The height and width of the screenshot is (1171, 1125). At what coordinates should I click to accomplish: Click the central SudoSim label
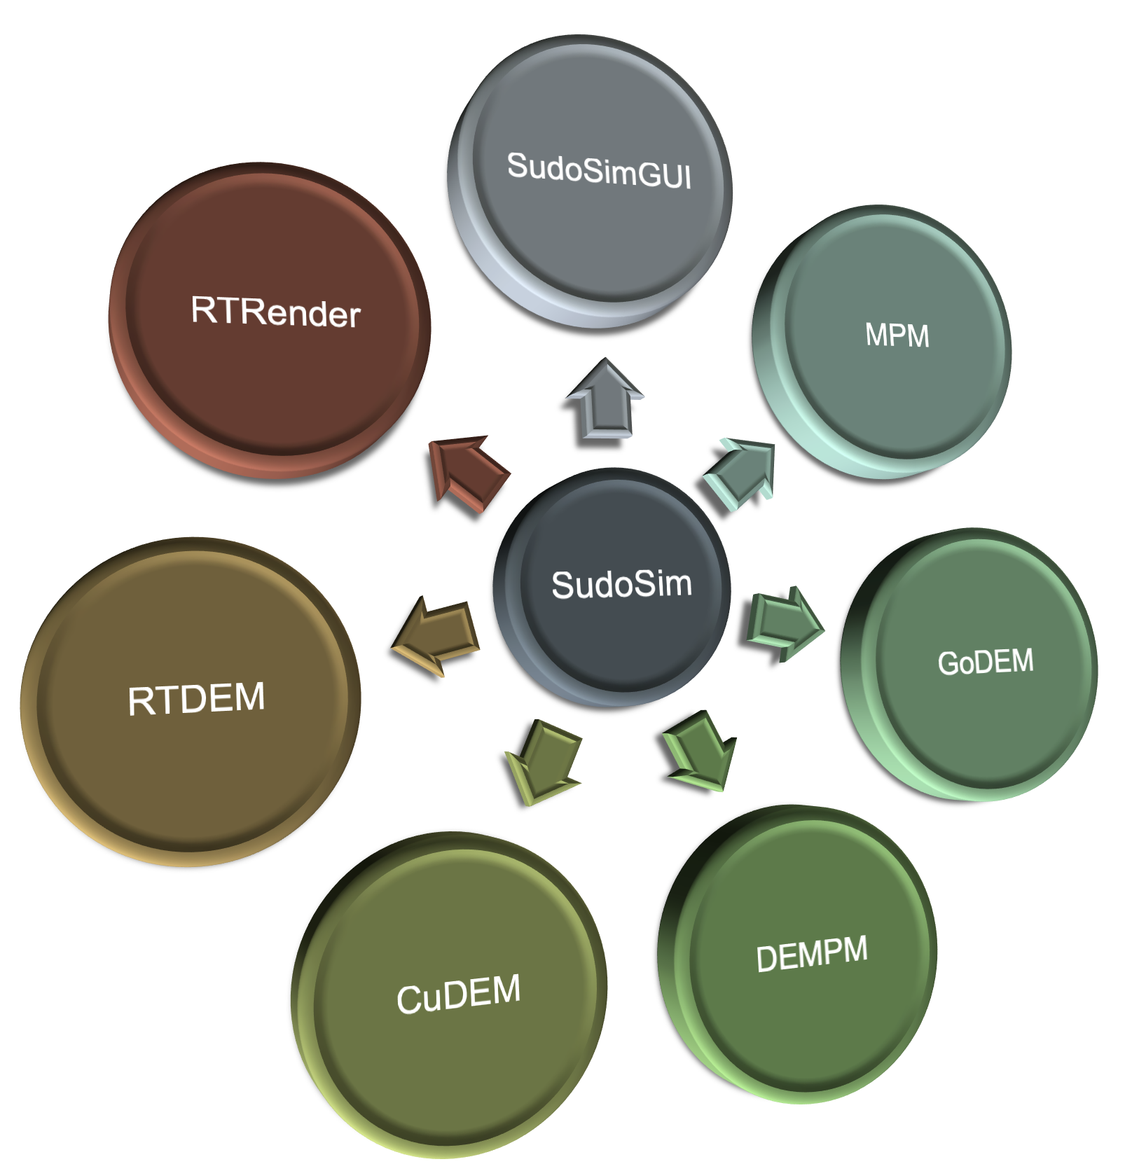[x=621, y=584]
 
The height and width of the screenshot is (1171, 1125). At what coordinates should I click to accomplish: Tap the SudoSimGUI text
[x=599, y=171]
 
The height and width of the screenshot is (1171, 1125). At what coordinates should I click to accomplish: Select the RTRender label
[x=275, y=312]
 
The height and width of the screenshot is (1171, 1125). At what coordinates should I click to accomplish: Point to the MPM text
[x=897, y=335]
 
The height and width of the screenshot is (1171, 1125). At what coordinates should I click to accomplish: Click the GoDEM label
[x=985, y=662]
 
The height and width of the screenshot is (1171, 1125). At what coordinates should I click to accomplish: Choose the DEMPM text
[x=812, y=954]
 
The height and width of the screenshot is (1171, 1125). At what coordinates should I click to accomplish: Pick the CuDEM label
[x=459, y=994]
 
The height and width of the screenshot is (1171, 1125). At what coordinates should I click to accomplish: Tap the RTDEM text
[x=196, y=699]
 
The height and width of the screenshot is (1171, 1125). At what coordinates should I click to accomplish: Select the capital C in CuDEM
[x=409, y=1000]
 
